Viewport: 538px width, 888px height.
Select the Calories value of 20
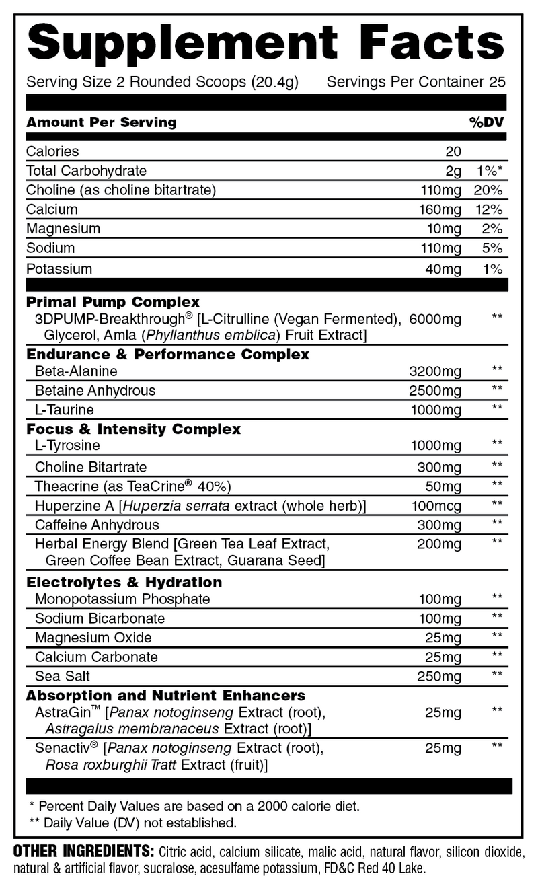(x=453, y=151)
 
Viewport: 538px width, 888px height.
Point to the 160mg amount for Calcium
(x=440, y=209)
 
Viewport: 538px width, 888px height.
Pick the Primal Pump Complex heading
(x=112, y=302)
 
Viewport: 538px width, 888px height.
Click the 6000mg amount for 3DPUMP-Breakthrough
(x=435, y=320)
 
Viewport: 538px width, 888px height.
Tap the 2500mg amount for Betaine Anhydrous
(x=435, y=391)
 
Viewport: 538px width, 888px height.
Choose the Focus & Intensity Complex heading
(x=133, y=429)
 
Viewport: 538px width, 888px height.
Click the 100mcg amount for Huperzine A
(x=436, y=505)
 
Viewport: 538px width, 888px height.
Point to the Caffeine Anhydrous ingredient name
(x=97, y=525)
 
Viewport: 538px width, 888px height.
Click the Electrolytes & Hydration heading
(x=124, y=582)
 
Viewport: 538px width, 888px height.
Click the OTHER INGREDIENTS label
(x=84, y=851)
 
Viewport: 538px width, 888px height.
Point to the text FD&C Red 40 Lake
(x=375, y=868)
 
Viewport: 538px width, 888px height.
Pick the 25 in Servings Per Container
(x=498, y=83)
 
